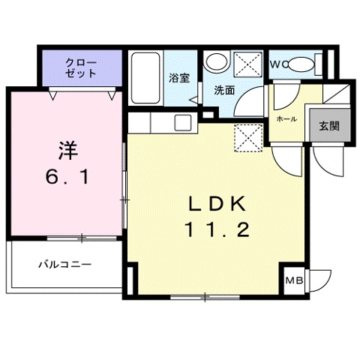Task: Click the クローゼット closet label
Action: (80, 67)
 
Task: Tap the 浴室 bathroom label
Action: (178, 77)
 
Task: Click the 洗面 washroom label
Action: (224, 90)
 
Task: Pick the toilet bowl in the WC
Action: (303, 64)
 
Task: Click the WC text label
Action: (277, 63)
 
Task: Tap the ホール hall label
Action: (286, 118)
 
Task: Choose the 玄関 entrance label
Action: (328, 124)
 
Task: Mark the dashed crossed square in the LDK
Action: (245, 138)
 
